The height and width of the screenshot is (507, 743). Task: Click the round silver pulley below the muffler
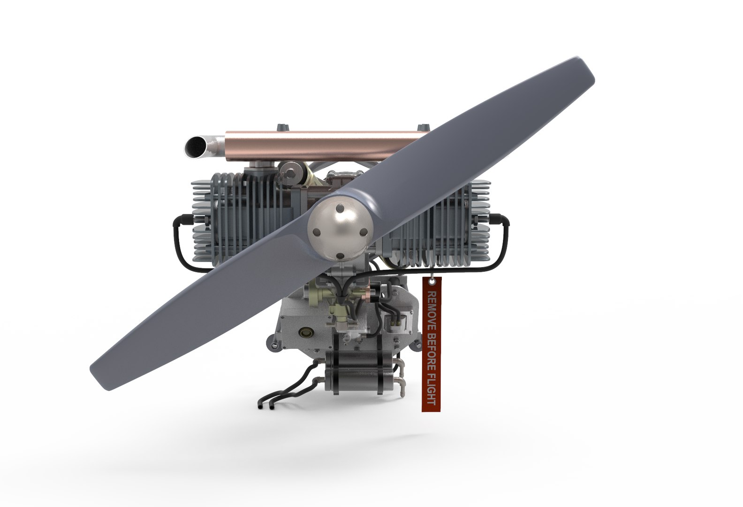pyautogui.click(x=291, y=171)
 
